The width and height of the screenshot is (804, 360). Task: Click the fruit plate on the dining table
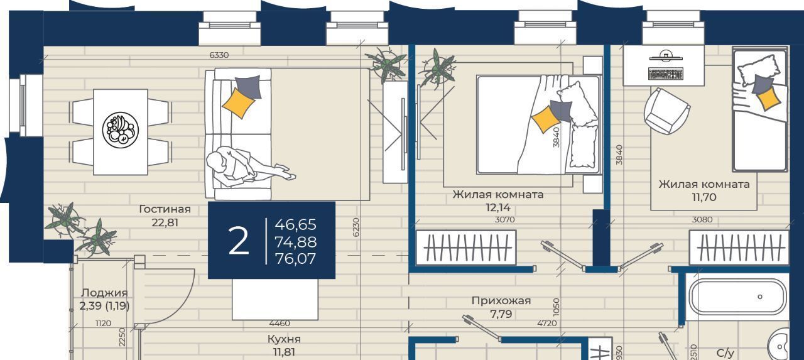click(121, 130)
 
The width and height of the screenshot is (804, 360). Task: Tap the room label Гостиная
click(165, 209)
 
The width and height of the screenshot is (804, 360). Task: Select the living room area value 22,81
click(165, 223)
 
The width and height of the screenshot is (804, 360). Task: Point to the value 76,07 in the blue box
click(295, 259)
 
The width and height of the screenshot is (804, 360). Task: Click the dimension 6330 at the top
click(219, 55)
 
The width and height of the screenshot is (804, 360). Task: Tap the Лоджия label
click(104, 293)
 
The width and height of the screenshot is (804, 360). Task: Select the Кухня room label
click(284, 339)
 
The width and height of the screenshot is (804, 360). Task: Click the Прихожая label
click(501, 301)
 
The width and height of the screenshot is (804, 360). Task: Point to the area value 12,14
click(497, 208)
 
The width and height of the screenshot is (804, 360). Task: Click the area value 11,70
click(704, 197)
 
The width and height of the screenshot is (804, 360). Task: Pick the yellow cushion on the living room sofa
click(238, 103)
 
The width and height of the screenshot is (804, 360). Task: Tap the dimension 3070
click(504, 219)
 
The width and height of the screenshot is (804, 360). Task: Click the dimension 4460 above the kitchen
click(280, 324)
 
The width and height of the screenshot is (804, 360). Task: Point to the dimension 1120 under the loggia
click(104, 324)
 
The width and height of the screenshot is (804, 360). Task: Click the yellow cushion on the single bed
click(768, 98)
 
